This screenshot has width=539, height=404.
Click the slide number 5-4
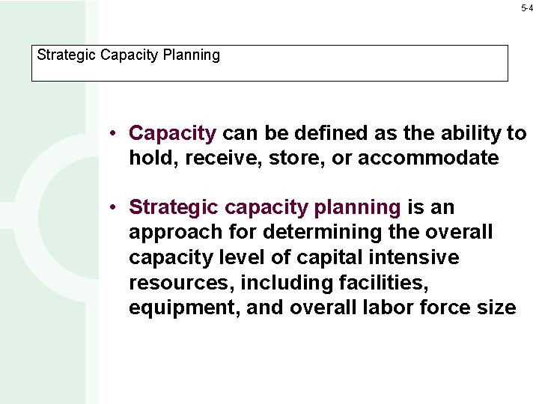click(527, 8)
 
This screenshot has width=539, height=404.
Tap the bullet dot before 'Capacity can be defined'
click(110, 134)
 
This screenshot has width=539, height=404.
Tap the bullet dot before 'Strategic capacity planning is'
click(110, 207)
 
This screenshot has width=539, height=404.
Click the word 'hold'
click(147, 159)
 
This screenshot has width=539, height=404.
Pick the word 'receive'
click(210, 159)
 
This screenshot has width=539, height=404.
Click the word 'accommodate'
click(428, 159)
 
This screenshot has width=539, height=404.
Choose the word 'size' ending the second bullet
click(496, 307)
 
